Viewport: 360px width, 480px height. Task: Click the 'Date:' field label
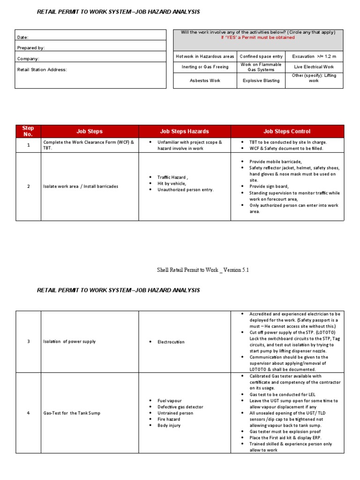23,37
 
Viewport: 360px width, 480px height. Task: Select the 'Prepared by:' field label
31,48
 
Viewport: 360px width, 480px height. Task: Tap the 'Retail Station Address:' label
42,69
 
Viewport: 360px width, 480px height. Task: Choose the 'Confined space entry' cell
261,56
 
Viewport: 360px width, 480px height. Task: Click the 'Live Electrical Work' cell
314,67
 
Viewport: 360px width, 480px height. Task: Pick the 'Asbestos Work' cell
204,81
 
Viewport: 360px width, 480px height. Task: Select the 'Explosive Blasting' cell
261,81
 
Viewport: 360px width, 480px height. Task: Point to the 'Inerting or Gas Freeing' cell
204,67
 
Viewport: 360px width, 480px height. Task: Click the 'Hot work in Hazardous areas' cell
204,56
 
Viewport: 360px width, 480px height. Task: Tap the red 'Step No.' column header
28,131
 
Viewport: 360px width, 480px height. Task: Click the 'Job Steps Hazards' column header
185,131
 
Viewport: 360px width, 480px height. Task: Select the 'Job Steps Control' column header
287,131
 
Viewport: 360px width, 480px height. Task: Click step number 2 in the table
28,187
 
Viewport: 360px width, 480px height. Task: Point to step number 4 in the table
28,413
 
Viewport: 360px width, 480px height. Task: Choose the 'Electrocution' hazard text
171,342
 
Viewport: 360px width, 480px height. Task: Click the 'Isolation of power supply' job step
69,342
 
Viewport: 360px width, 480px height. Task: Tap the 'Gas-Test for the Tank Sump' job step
72,413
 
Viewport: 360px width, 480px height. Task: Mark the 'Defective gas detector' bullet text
180,407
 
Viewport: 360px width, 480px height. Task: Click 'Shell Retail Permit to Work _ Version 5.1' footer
203,270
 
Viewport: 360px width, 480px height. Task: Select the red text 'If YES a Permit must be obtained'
258,37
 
